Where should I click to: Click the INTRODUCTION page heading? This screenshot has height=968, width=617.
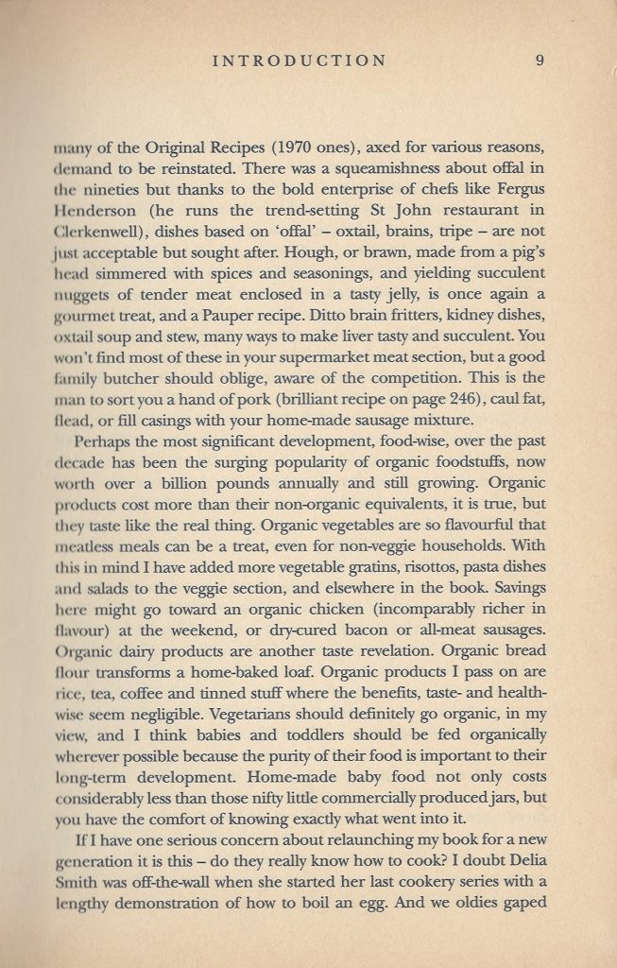click(300, 60)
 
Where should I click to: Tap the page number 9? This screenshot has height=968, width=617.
click(539, 60)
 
